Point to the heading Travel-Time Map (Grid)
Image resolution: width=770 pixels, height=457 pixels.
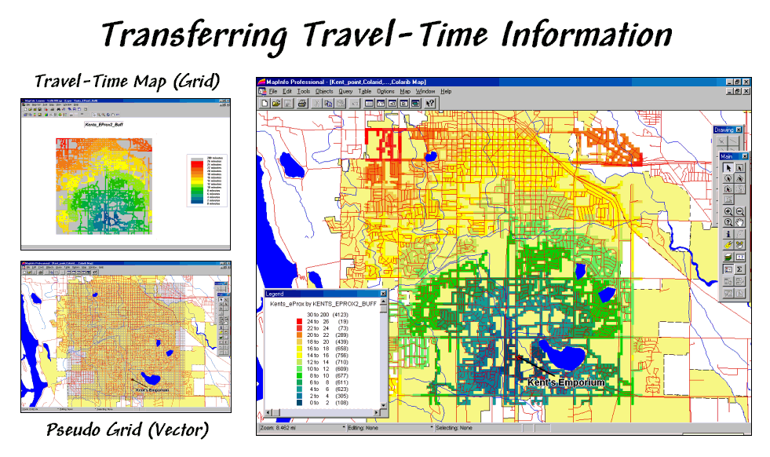point(126,81)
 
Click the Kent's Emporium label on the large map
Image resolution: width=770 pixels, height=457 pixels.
point(566,382)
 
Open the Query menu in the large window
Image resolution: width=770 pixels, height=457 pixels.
point(345,91)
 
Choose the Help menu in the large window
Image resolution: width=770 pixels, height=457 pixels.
point(446,91)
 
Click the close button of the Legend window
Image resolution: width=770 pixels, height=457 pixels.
point(383,294)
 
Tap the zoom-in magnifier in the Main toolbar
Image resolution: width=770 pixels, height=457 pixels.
point(728,211)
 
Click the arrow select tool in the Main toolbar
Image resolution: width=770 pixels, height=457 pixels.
point(728,166)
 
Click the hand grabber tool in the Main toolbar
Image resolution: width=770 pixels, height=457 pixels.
point(740,222)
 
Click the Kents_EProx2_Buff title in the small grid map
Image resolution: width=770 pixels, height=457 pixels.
point(103,124)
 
